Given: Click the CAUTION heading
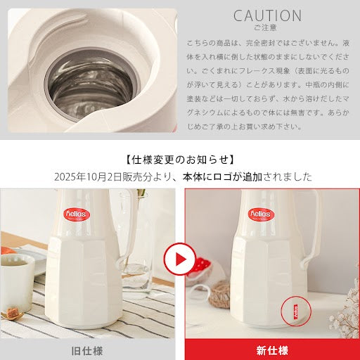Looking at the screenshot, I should (x=267, y=15).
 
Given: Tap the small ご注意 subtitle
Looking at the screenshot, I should (x=267, y=28).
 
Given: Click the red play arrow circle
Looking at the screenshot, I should (x=180, y=261).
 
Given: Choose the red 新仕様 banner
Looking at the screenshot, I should (x=271, y=349).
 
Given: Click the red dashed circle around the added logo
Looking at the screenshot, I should (x=295, y=311).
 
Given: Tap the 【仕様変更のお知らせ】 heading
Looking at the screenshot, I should (x=180, y=160).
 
